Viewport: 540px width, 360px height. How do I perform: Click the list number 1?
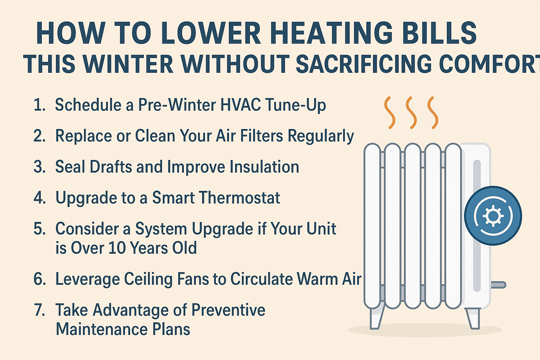click(x=39, y=105)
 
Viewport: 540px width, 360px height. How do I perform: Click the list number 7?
click(x=39, y=310)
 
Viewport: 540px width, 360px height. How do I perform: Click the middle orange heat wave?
click(x=411, y=112)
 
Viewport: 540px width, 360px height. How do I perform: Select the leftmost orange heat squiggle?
click(x=390, y=112)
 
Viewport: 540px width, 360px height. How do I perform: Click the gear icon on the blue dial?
click(x=493, y=216)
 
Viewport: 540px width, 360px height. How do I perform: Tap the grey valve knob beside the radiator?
click(x=498, y=285)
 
